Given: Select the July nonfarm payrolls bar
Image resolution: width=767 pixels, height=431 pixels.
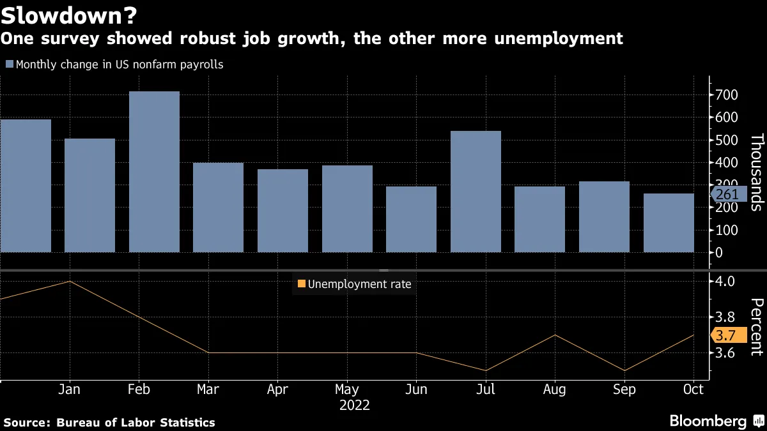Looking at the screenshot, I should click(x=476, y=191).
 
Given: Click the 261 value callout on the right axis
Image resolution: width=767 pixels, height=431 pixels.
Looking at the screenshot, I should click(x=727, y=194).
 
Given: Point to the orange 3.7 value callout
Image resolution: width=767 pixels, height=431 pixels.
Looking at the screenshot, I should click(x=727, y=335).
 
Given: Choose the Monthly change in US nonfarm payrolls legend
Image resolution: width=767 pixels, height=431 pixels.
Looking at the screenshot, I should click(x=114, y=64).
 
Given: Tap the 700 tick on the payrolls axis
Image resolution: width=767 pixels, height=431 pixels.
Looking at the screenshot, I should click(x=727, y=95).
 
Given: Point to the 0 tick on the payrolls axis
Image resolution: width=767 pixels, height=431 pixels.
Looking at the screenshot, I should click(x=719, y=253).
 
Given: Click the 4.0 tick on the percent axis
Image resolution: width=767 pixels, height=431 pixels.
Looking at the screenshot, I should click(x=726, y=281).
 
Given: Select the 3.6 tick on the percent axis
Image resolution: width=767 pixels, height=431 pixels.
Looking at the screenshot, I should click(x=726, y=353).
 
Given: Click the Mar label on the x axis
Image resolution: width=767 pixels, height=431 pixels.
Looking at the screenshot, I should click(x=208, y=389).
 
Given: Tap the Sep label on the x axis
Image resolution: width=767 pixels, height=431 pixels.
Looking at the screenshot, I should click(x=624, y=389).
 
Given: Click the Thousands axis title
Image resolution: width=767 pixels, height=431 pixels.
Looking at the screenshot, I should click(x=756, y=172).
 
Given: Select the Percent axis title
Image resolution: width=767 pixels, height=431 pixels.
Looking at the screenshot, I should click(x=756, y=326).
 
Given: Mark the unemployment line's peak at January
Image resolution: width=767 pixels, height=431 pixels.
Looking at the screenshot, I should click(x=69, y=281).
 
